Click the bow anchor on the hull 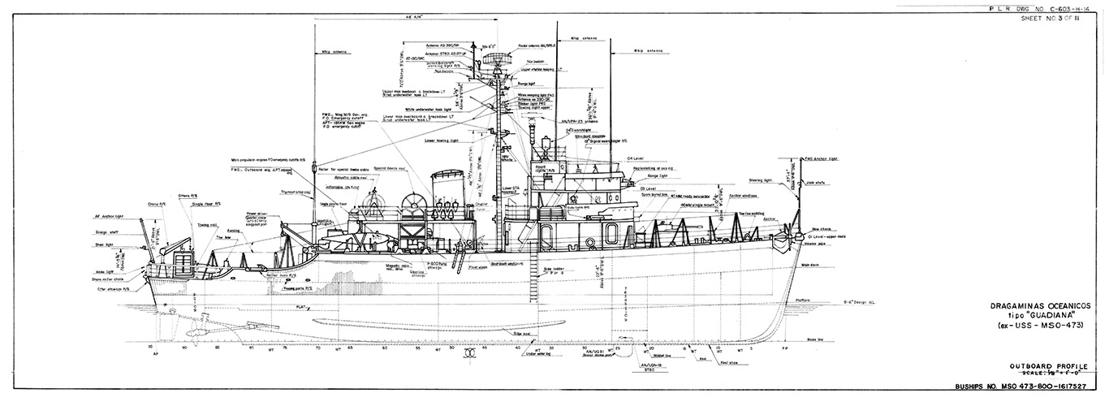tap(783, 242)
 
